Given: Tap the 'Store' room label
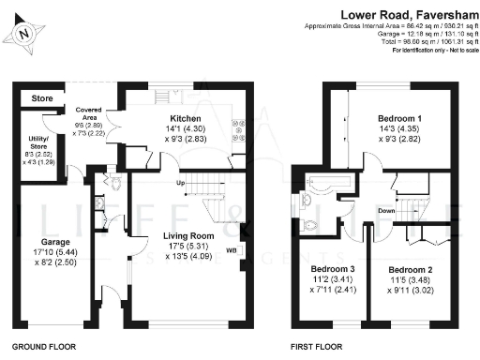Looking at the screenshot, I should click(41, 97).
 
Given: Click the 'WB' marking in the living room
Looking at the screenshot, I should click(232, 250).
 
